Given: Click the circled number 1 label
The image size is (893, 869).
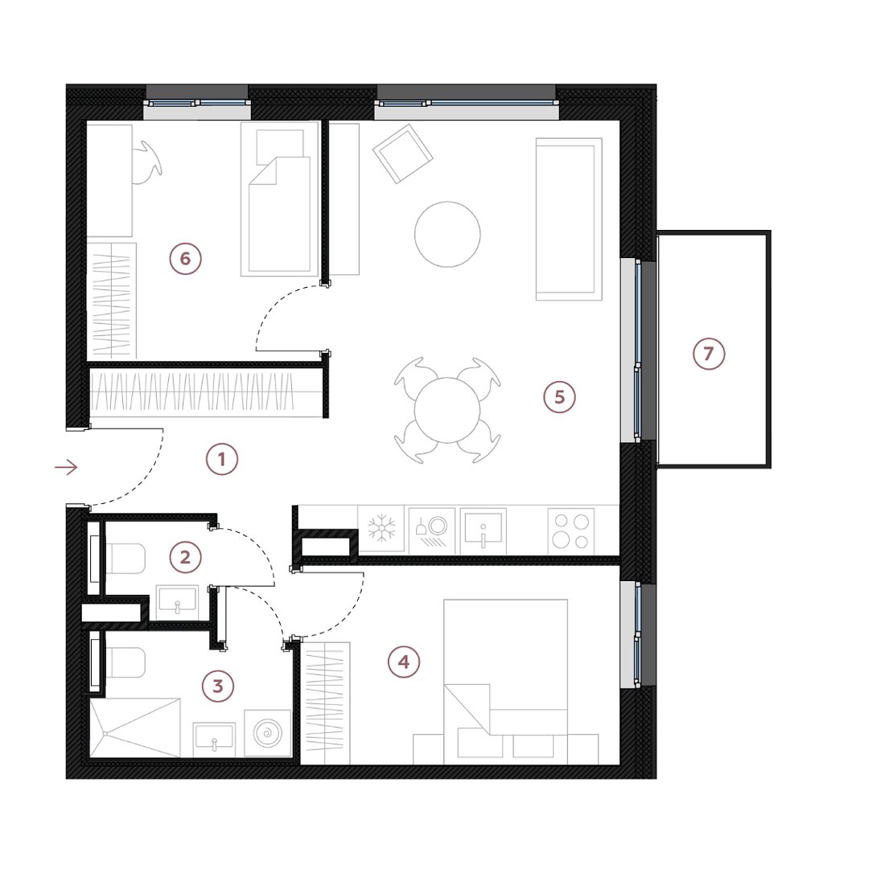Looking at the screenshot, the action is coord(221,459).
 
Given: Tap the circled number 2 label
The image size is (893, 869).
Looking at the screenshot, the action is coord(186,556).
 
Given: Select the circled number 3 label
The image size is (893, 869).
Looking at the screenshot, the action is coord(218,687).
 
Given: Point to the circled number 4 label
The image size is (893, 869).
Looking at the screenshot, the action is coord(404,662).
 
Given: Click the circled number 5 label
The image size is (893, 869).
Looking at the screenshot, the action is coord(559,396).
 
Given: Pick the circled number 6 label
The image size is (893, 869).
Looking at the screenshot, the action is coord(185,258).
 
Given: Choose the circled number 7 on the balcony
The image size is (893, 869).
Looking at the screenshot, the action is coord(709,354).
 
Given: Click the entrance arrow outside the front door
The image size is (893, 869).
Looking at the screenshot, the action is coord(65,467).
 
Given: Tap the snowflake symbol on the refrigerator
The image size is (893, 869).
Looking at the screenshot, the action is coord(381,529).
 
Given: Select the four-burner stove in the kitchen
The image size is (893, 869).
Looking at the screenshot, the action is coord(570,531).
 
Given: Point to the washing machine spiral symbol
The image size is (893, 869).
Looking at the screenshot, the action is coord(267,734).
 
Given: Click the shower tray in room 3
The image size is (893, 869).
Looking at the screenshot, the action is coord(134,728).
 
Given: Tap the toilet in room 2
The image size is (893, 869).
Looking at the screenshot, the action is coord(126,558).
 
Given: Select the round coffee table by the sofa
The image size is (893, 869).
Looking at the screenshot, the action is coord(447,234).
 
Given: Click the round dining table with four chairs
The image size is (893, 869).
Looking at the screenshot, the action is coord(447,410).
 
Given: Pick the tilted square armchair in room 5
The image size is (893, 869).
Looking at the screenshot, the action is coord(402,154).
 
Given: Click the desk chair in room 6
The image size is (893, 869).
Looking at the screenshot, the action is coord(147,162).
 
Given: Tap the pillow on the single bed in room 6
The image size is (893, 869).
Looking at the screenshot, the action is coord(280,147).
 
